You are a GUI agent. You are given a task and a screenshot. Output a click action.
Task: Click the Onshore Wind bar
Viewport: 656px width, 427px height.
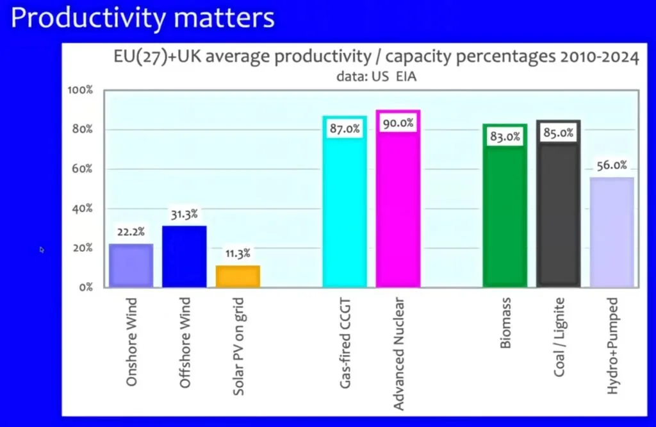[x=131, y=265]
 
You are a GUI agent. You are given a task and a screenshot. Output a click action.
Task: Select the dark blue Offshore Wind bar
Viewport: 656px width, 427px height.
[x=184, y=256]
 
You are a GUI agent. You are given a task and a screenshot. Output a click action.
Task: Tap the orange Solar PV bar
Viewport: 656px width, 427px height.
[x=238, y=276]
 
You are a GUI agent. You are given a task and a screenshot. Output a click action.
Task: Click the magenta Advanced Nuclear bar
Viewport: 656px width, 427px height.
[x=398, y=205]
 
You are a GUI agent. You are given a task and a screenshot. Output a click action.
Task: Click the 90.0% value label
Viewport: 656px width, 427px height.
[x=398, y=123]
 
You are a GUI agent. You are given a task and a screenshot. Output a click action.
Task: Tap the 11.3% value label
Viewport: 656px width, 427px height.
[x=238, y=253]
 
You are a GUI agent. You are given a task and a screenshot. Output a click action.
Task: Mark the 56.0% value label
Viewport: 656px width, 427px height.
[x=612, y=165]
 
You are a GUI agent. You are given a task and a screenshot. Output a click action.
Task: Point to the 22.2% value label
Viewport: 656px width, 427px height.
[x=131, y=231]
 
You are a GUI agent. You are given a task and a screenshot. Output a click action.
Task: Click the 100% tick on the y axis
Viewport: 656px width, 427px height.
[x=80, y=90]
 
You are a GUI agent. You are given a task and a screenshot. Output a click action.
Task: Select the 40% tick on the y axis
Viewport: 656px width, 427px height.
[x=81, y=208]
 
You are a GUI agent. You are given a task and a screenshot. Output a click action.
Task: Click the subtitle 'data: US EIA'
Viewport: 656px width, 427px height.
[x=372, y=76]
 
